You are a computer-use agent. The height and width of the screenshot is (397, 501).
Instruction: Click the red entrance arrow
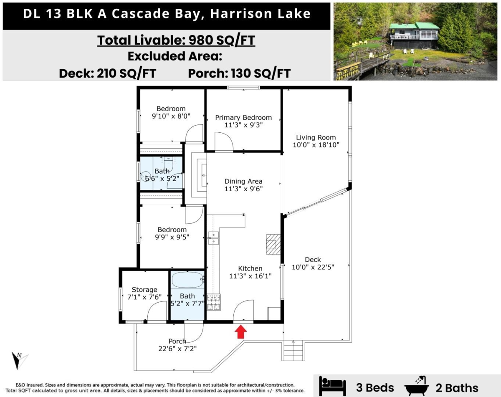(x=241, y=332)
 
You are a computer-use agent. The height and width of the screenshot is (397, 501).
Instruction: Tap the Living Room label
(x=316, y=137)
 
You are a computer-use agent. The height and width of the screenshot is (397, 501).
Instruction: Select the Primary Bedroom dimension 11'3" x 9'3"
(x=243, y=125)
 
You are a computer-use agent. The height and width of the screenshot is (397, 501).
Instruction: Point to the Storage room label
(x=144, y=290)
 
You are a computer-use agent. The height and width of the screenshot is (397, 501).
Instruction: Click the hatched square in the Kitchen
(x=274, y=243)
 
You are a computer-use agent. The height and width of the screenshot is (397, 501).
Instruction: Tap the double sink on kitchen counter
(x=213, y=238)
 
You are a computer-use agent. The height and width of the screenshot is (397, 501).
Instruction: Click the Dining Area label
(x=243, y=181)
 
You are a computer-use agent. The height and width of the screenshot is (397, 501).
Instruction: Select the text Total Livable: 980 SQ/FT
(x=176, y=40)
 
